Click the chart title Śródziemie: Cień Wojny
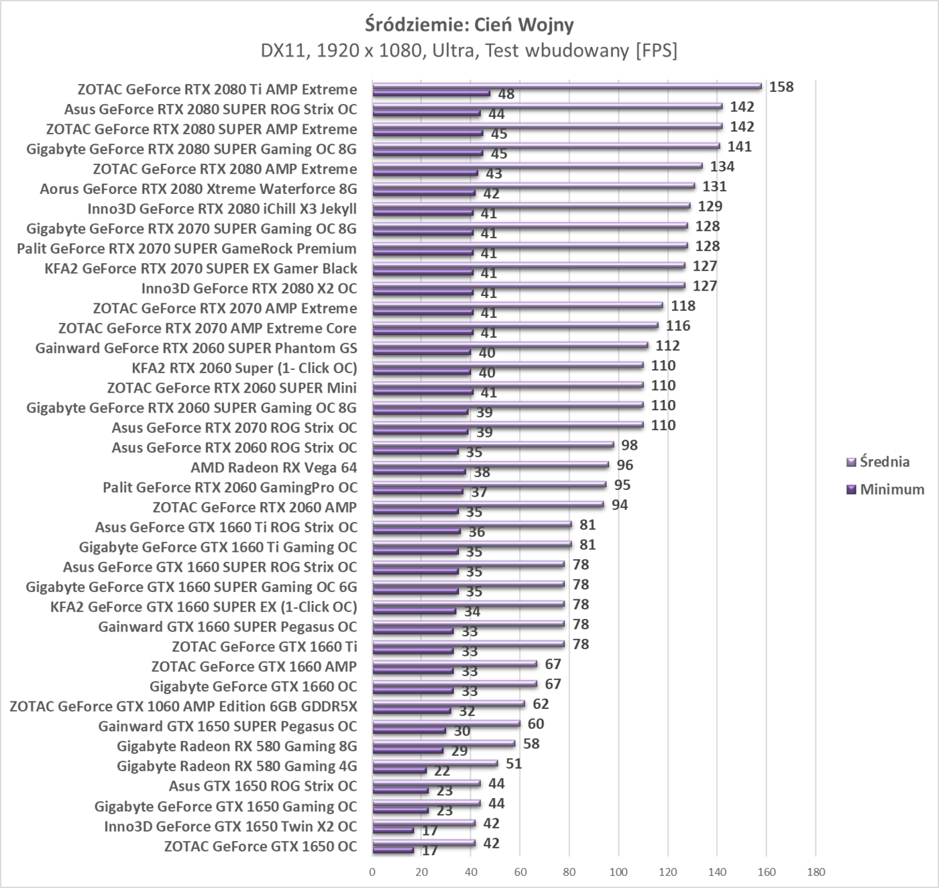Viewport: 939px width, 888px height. (469, 25)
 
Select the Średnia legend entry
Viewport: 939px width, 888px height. (884, 462)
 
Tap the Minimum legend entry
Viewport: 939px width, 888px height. (891, 489)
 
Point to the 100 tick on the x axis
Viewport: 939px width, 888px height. (618, 872)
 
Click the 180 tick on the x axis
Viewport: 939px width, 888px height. (816, 872)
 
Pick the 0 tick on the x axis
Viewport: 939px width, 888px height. (372, 872)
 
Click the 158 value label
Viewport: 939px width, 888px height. (781, 87)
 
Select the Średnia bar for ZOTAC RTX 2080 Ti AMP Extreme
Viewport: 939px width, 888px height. (567, 86)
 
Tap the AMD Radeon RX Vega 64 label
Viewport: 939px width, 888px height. (274, 467)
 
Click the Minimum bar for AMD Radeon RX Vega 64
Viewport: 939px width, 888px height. (419, 472)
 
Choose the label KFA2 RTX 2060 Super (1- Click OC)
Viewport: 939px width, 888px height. (245, 368)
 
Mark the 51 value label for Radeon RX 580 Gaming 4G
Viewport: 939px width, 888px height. (514, 764)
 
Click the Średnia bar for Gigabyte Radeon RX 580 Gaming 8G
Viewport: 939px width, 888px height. (443, 744)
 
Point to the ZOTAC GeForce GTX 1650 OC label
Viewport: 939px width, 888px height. (260, 846)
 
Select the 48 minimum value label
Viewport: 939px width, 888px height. (506, 95)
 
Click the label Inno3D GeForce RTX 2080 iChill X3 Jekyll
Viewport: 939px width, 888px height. (222, 209)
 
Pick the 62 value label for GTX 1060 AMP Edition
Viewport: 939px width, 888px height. (541, 704)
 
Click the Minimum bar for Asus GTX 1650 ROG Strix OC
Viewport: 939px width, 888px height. (400, 791)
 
